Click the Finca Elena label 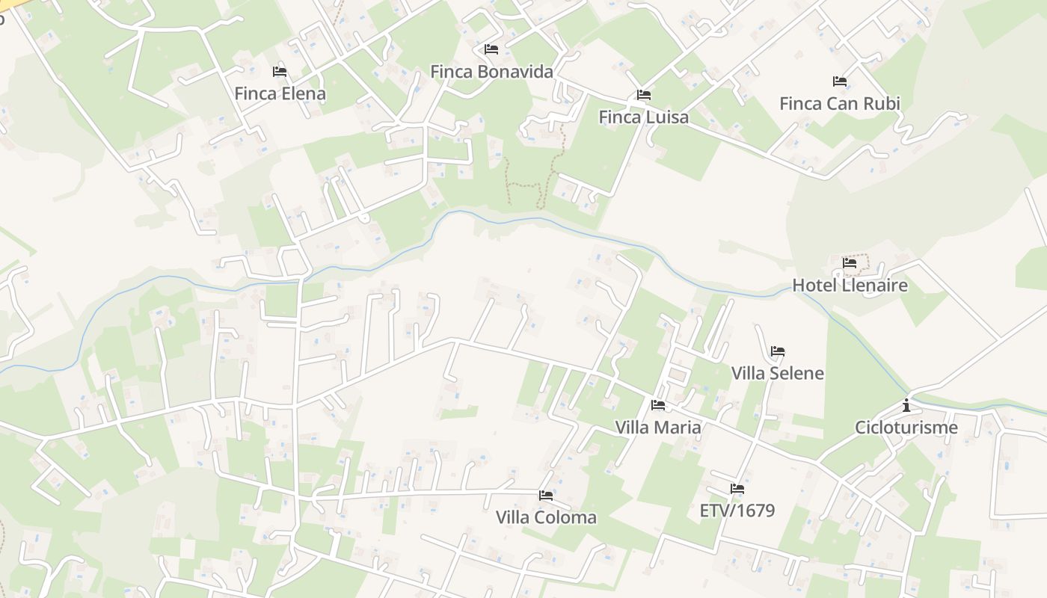280,93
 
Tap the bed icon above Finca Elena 280,72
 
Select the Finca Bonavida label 491,72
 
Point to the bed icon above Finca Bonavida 491,49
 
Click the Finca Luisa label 643,117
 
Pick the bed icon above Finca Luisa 643,95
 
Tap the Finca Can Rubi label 839,103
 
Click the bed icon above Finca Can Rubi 839,81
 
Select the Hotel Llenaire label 850,285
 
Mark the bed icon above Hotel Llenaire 850,263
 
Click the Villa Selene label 777,373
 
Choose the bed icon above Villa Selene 778,351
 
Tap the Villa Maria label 658,427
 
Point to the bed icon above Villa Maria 658,405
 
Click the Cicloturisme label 906,428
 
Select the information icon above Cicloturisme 906,406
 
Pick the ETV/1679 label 737,511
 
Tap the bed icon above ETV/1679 737,489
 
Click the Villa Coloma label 546,517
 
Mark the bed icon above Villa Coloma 546,495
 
